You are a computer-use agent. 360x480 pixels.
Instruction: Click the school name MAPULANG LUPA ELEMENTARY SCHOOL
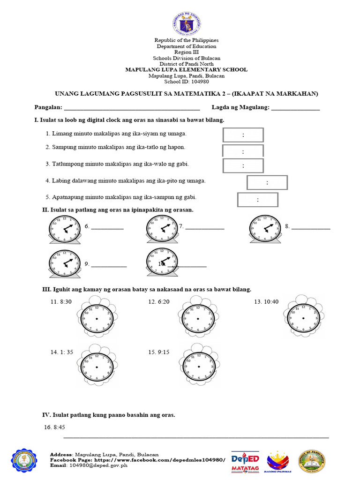(186, 70)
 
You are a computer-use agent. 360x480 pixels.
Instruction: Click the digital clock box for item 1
(243, 135)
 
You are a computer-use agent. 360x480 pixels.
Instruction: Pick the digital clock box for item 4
(267, 182)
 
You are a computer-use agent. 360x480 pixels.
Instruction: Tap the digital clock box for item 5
(257, 199)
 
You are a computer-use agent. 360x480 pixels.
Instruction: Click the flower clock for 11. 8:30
(97, 317)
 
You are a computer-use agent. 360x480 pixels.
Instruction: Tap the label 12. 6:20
(158, 302)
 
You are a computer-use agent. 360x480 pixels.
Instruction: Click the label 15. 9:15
(158, 352)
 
